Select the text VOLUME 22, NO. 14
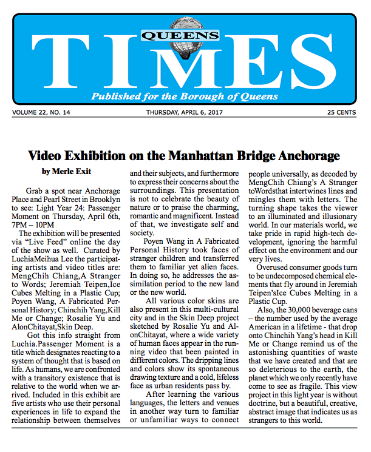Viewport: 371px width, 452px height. pos(41,112)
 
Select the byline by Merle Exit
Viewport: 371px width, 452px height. pos(66,155)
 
